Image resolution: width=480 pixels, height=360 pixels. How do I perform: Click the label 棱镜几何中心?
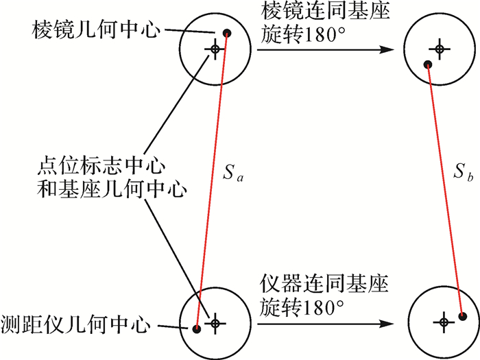(95, 29)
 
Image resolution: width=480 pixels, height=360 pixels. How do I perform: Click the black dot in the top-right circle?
(427, 65)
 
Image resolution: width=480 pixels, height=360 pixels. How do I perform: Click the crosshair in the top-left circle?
(215, 49)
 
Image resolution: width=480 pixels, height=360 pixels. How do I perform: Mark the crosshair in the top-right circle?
(440, 49)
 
